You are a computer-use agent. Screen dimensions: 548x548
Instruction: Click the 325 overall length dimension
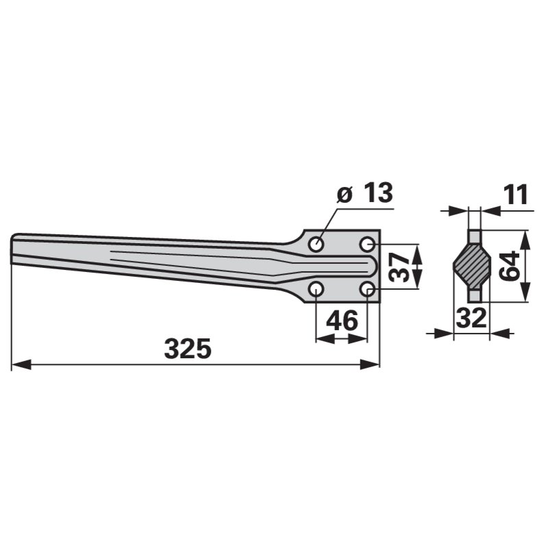[x=188, y=349]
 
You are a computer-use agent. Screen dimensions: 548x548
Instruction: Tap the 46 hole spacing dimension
[x=342, y=320]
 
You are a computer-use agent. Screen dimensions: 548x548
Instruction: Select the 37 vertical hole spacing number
[x=399, y=267]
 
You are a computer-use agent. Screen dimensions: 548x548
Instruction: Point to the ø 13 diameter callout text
[x=364, y=192]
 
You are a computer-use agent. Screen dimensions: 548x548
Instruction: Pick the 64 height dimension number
[x=509, y=266]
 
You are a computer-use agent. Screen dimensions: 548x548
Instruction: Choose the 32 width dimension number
[x=471, y=317]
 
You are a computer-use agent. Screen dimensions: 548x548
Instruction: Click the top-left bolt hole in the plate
[x=316, y=244]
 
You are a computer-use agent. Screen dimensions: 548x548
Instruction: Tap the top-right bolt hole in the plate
[x=367, y=244]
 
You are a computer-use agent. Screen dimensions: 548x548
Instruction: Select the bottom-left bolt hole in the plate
[x=316, y=289]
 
